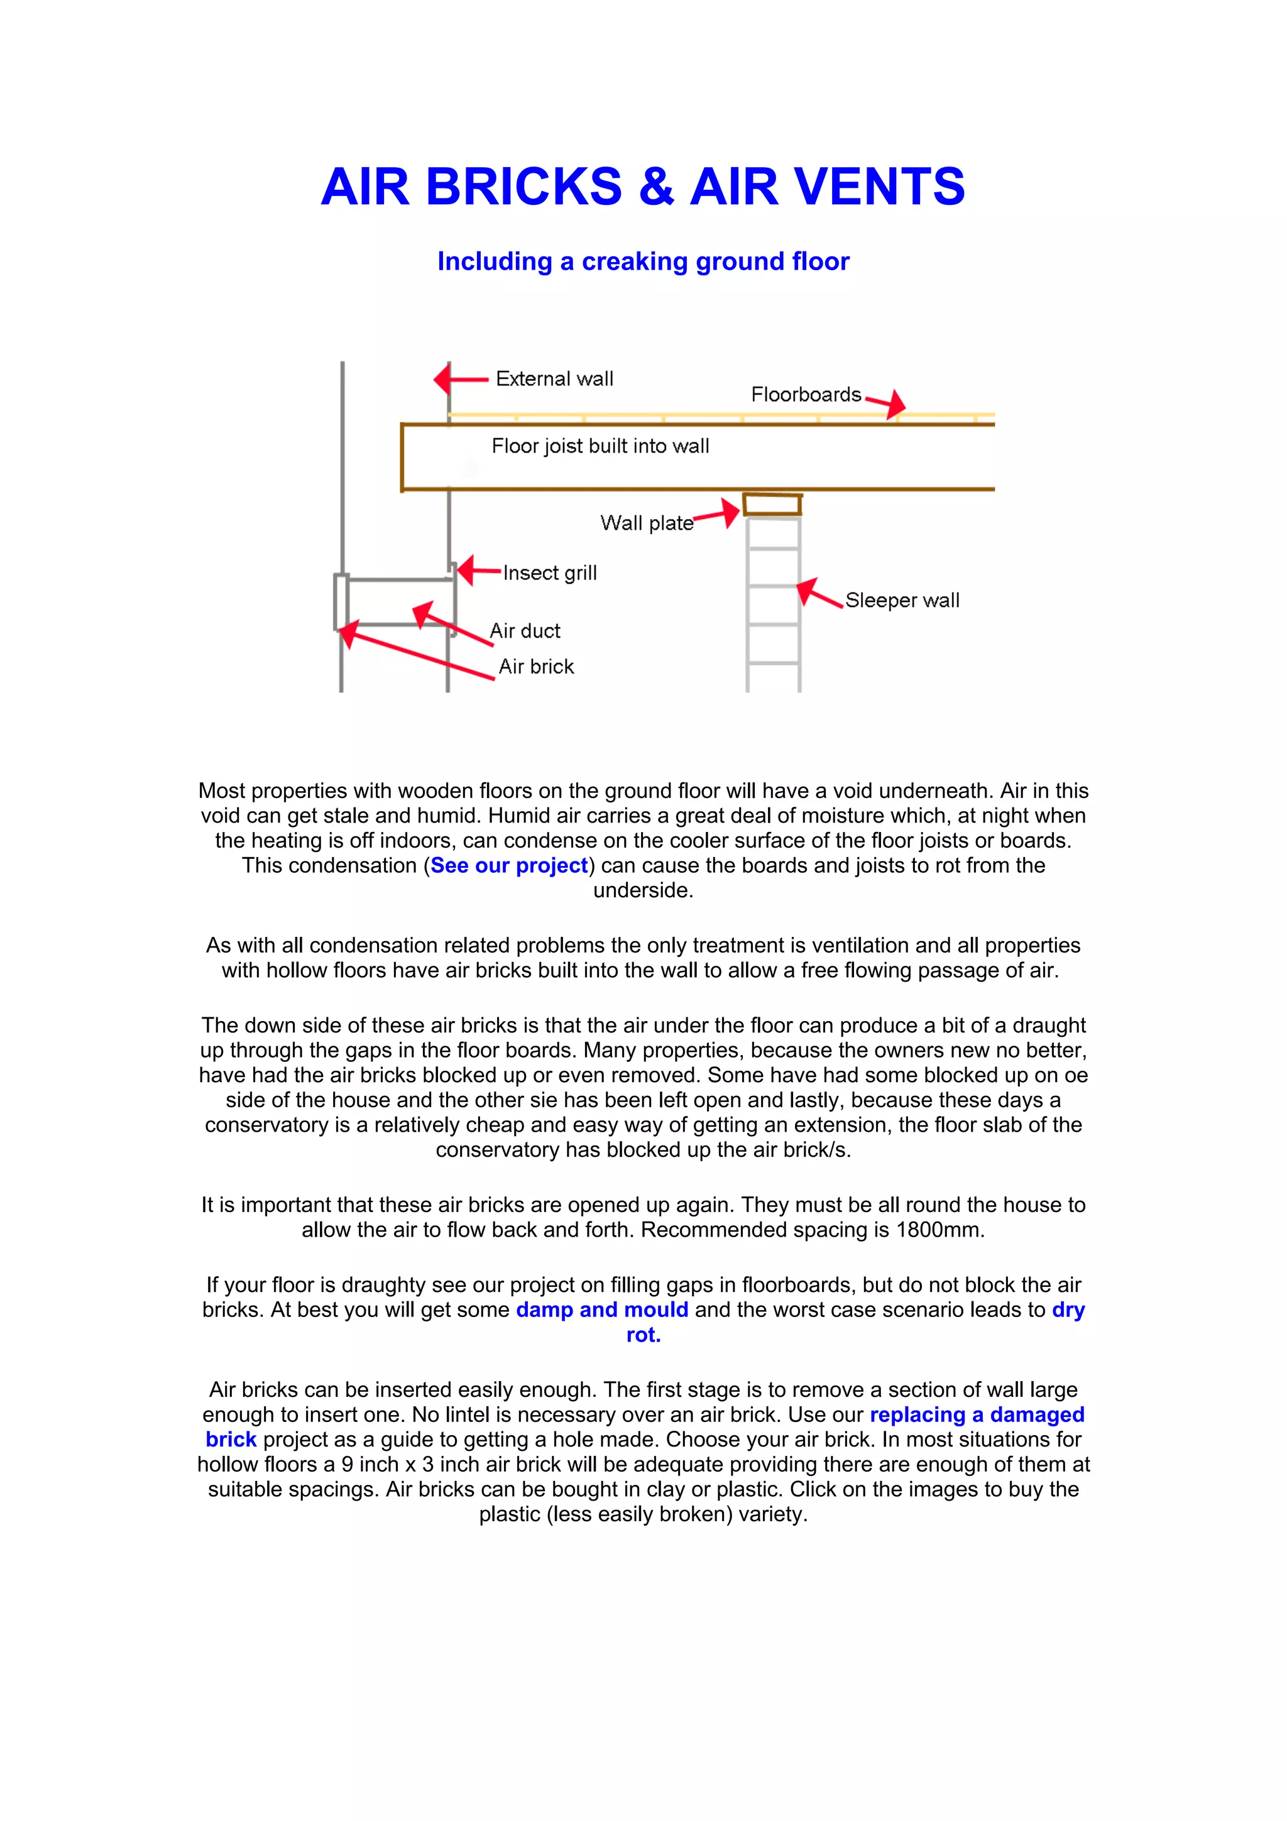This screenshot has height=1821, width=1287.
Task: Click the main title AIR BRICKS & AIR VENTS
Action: click(x=642, y=187)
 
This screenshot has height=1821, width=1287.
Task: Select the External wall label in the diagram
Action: click(x=554, y=379)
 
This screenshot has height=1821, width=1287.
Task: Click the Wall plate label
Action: click(x=645, y=523)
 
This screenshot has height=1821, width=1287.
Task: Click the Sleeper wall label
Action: click(x=902, y=599)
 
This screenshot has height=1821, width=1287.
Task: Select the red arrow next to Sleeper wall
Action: click(x=818, y=593)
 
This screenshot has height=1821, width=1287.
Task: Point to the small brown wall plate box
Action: click(x=772, y=505)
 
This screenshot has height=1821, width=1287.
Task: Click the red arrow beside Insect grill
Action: click(x=478, y=571)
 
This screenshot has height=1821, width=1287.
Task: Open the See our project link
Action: click(x=509, y=865)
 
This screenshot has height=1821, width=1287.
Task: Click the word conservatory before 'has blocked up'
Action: click(x=488, y=1149)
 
